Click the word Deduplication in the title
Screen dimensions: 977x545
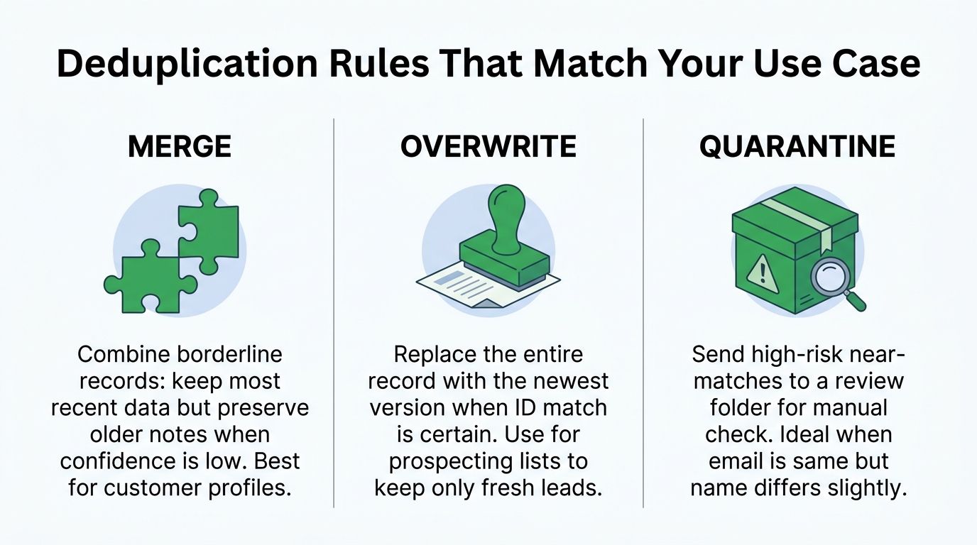(x=187, y=64)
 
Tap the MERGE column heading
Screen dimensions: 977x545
(x=180, y=146)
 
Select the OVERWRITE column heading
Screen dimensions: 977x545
(x=488, y=146)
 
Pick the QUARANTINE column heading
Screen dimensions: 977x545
(x=797, y=147)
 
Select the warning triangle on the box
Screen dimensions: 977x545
(x=762, y=274)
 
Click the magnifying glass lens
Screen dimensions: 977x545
(x=829, y=277)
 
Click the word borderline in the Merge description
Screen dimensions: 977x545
(x=229, y=355)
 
